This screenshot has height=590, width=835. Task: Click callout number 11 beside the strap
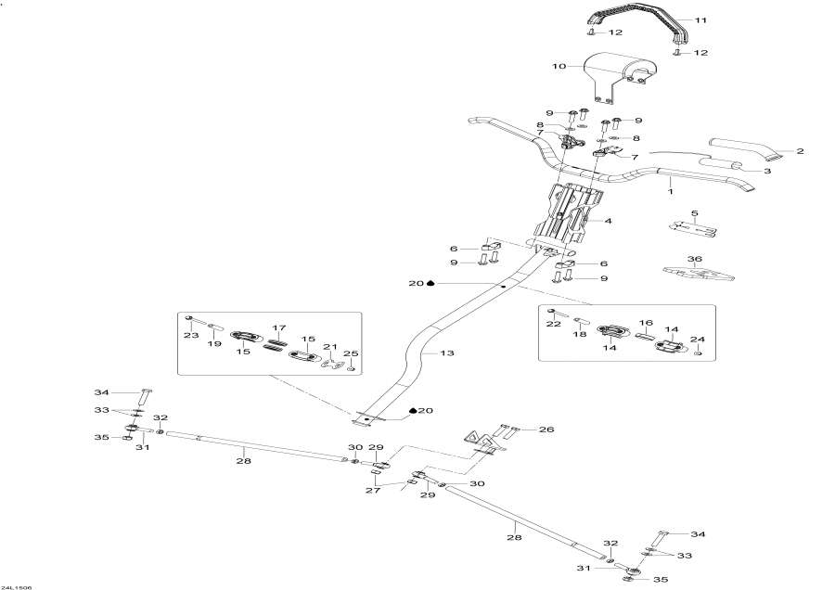pyautogui.click(x=700, y=20)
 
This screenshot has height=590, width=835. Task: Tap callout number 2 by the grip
pyautogui.click(x=799, y=150)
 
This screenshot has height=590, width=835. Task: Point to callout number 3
pyautogui.click(x=768, y=171)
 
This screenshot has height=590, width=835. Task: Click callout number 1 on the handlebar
pyautogui.click(x=670, y=191)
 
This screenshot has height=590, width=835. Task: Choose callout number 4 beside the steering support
pyautogui.click(x=609, y=222)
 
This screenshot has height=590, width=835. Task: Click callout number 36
pyautogui.click(x=694, y=259)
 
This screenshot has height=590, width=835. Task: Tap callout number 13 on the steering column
pyautogui.click(x=448, y=353)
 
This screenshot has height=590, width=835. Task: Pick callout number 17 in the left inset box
pyautogui.click(x=276, y=327)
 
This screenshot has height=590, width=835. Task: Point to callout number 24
pyautogui.click(x=699, y=340)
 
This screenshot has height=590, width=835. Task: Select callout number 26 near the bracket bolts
pyautogui.click(x=546, y=430)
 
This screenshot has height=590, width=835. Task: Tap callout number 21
pyautogui.click(x=328, y=347)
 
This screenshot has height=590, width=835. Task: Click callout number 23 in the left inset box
pyautogui.click(x=192, y=335)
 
